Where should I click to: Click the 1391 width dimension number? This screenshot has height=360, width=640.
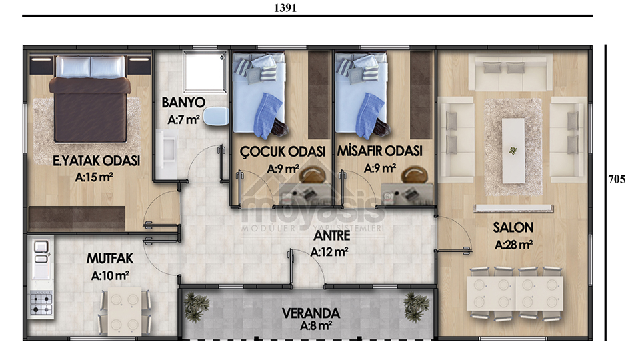coord(285,8)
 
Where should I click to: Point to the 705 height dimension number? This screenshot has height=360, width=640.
coord(616,179)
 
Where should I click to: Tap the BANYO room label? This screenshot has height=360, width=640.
coord(183,103)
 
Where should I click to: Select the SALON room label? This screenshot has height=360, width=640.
coord(513,227)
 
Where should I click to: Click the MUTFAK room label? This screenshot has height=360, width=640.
coord(110,259)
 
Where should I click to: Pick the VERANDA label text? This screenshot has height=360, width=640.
coord(311,313)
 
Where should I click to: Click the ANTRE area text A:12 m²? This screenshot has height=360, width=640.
coord(329,252)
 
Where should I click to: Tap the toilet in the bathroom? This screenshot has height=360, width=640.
coord(216,116)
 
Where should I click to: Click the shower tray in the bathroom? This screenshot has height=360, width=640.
coord(205,72)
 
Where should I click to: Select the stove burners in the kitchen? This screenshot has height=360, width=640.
coord(41,304)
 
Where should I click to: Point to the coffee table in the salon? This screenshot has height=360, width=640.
coord(513,151)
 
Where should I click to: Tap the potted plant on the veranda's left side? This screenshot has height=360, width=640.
coord(196,307)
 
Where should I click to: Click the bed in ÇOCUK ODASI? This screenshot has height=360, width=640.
coord(259,94)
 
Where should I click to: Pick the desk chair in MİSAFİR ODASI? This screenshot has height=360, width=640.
coord(414,175)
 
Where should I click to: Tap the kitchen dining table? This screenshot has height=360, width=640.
coord(125,311)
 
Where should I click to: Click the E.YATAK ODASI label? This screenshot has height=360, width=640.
coord(96,161)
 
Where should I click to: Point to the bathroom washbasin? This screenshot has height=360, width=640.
coord(167,153)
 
